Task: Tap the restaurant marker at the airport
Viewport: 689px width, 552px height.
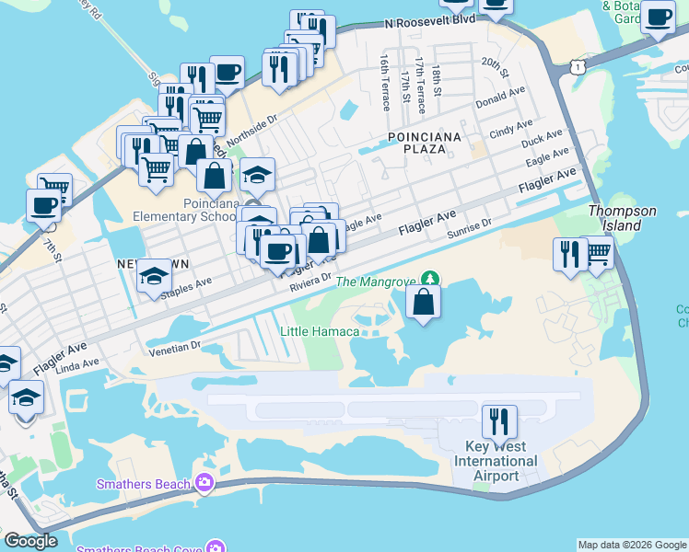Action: click(499, 421)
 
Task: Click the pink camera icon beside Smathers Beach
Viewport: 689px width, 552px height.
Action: click(204, 483)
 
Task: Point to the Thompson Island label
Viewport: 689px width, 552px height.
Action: click(623, 218)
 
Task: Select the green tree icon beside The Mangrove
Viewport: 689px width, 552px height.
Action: click(429, 278)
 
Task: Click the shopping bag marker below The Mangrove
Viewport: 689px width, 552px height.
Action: click(423, 301)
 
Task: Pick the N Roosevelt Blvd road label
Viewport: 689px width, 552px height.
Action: click(430, 19)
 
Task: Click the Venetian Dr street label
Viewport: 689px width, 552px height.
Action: click(175, 347)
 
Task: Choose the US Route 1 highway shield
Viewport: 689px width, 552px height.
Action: click(576, 67)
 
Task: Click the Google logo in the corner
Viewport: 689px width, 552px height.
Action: click(30, 541)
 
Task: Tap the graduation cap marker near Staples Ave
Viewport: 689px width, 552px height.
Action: click(154, 275)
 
